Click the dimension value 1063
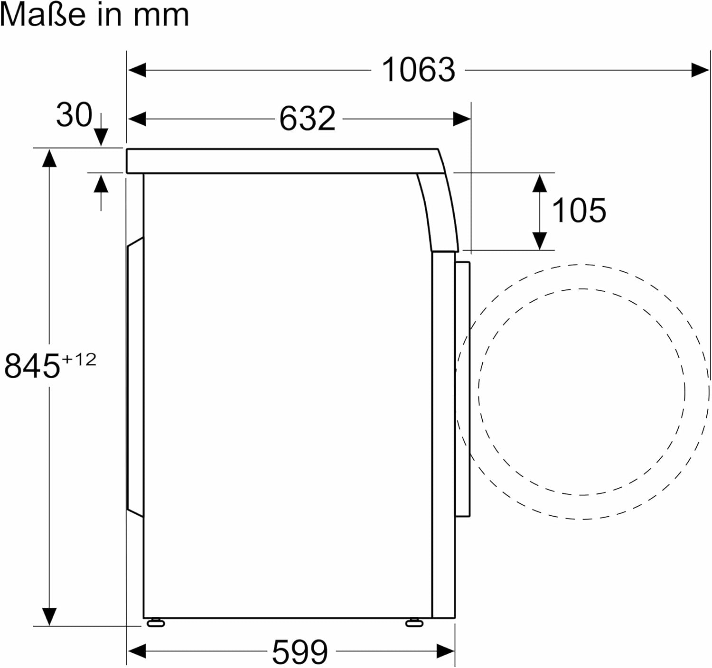pyautogui.click(x=418, y=70)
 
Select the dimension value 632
pyautogui.click(x=307, y=119)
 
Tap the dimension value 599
pyautogui.click(x=300, y=652)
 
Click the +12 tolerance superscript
pyautogui.click(x=79, y=359)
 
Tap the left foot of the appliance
pyautogui.click(x=156, y=622)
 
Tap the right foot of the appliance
pyautogui.click(x=414, y=622)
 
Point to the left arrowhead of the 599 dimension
pyautogui.click(x=137, y=651)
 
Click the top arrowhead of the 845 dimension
pyautogui.click(x=49, y=158)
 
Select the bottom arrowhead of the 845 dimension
pyautogui.click(x=49, y=616)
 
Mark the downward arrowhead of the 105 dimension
pyautogui.click(x=540, y=241)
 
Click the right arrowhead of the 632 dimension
pyautogui.click(x=461, y=119)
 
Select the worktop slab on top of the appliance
pyautogui.click(x=280, y=161)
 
